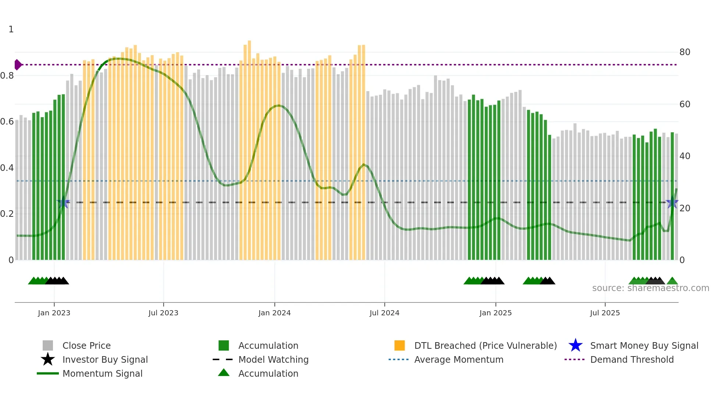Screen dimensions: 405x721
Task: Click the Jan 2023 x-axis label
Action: [54, 313]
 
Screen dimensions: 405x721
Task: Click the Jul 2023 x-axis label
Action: [163, 313]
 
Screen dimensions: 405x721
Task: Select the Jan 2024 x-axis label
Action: [274, 313]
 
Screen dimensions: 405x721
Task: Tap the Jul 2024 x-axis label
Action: [384, 313]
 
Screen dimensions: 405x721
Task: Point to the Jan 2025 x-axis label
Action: [496, 313]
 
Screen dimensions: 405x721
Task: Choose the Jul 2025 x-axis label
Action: [605, 313]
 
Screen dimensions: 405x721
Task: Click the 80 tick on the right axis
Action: [685, 52]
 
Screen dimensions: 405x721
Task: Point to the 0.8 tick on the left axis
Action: [7, 76]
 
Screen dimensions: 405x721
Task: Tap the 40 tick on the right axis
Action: [685, 156]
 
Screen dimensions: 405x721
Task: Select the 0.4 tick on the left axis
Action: [7, 168]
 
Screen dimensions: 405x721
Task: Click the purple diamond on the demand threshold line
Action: [18, 65]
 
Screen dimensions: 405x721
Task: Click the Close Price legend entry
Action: [86, 345]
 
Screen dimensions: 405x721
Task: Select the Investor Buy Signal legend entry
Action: [105, 359]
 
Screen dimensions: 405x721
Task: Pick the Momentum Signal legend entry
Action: [102, 373]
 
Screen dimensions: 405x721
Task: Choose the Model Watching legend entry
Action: [273, 359]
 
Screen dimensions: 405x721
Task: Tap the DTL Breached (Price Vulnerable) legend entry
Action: [485, 345]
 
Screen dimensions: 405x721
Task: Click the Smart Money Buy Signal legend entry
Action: [644, 345]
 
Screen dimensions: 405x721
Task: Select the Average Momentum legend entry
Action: [459, 359]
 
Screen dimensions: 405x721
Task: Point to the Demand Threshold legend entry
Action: [632, 359]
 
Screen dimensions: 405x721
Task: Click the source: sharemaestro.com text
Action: [650, 288]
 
